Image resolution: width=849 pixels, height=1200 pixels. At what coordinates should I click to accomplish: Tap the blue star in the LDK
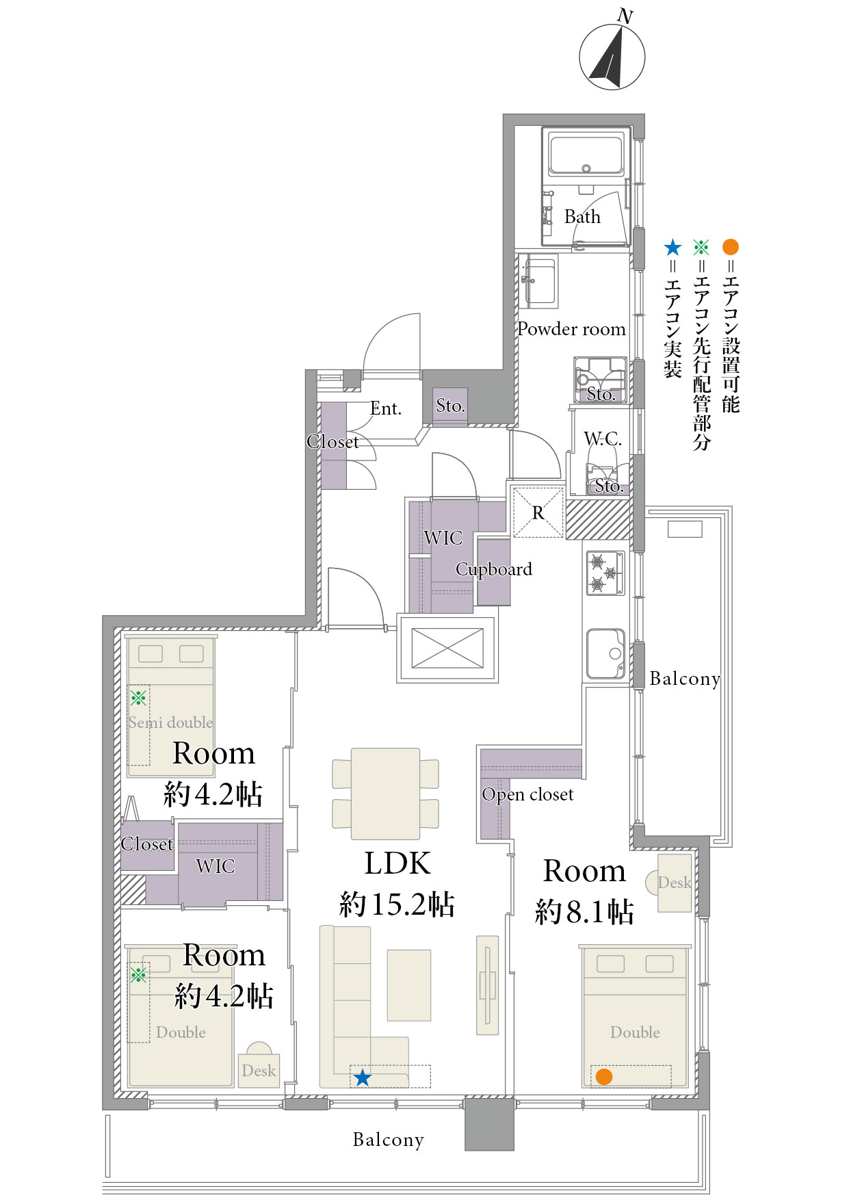[x=362, y=1078]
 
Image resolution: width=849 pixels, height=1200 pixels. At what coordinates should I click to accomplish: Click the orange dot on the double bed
[x=603, y=1076]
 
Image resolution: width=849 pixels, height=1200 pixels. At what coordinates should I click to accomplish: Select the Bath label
[x=582, y=217]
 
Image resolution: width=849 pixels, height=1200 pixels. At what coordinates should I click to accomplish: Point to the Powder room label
[x=571, y=329]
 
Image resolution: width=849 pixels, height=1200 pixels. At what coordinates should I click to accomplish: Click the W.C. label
[x=603, y=439]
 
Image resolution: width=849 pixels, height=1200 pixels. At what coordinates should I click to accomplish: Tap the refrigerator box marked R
[x=538, y=512]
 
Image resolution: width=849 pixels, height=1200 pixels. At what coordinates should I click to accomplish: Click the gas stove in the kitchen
[x=605, y=573]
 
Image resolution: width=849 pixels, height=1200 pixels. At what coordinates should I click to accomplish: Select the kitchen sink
[x=606, y=654]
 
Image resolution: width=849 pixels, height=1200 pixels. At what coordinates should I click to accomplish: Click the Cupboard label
[x=494, y=569]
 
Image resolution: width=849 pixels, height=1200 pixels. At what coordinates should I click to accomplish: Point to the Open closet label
[x=527, y=794]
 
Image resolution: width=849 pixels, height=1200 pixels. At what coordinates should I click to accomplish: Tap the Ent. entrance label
[x=386, y=408]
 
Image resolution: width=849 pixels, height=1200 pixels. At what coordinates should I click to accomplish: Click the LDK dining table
[x=385, y=794]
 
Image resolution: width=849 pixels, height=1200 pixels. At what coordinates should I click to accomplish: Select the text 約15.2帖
[x=397, y=904]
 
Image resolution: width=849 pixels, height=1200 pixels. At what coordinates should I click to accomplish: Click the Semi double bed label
[x=170, y=722]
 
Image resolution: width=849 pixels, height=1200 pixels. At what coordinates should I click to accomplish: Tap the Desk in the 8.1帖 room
[x=674, y=883]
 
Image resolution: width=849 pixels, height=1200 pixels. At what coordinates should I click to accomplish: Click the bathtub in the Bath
[x=586, y=155]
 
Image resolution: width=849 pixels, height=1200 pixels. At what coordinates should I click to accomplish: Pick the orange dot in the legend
[x=731, y=247]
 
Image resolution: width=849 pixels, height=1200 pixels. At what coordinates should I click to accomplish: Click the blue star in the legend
[x=673, y=247]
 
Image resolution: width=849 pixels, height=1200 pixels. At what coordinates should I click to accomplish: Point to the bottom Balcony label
[x=389, y=1140]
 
